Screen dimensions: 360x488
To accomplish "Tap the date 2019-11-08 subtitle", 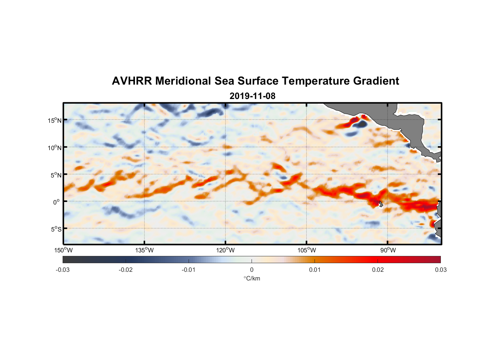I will click(x=252, y=96).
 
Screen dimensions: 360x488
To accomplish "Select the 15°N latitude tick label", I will click(x=55, y=120).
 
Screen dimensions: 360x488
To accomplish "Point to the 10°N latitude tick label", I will click(x=55, y=148).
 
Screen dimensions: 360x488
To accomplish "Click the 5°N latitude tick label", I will click(x=56, y=175).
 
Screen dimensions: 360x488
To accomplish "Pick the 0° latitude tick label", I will click(x=57, y=202).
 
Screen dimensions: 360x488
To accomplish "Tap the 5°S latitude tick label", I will click(x=56, y=229).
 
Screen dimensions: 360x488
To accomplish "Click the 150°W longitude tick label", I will click(x=63, y=250).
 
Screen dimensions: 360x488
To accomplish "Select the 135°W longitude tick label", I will click(x=145, y=250).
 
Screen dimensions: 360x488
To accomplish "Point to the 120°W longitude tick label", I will click(x=226, y=250).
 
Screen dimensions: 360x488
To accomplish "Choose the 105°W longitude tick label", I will click(x=307, y=250).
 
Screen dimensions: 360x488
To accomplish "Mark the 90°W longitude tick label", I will click(x=388, y=250).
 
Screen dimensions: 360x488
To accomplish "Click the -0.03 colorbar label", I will click(x=63, y=270).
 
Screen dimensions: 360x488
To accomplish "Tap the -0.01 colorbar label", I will click(x=189, y=270).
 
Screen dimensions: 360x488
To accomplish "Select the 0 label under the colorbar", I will click(x=252, y=270).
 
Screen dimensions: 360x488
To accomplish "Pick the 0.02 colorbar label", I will click(x=378, y=270).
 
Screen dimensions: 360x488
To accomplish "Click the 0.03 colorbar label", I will click(x=440, y=270).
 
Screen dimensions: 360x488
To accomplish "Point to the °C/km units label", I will click(x=252, y=278).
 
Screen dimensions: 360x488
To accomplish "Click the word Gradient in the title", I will click(x=376, y=81).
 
